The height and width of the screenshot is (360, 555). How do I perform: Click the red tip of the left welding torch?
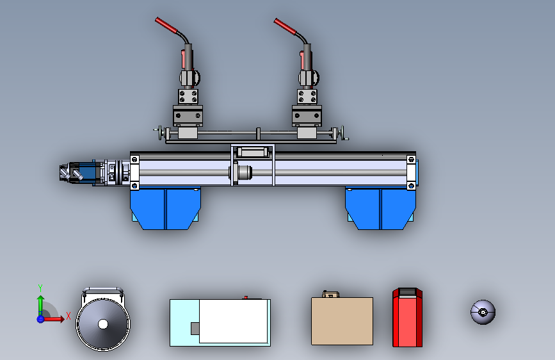166,26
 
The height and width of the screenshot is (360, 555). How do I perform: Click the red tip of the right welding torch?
285,26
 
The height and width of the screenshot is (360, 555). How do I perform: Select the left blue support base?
165,208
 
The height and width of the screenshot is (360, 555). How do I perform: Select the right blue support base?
380,208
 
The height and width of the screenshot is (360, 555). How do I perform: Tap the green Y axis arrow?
40,305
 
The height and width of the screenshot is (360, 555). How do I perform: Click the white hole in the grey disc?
103,324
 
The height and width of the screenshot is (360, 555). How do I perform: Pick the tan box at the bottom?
342,321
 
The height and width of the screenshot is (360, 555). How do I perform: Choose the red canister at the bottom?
407,317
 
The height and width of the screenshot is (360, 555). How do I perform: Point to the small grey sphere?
483,312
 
